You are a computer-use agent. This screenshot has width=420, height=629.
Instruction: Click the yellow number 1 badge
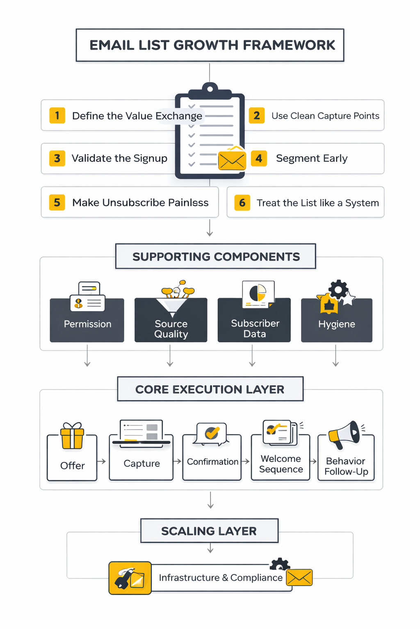[x=57, y=115]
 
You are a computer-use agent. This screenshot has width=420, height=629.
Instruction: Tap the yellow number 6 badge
[x=242, y=203]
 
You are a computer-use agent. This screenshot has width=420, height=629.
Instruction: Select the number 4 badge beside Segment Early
[x=258, y=158]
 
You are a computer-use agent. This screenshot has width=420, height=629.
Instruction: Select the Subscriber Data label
[x=255, y=328]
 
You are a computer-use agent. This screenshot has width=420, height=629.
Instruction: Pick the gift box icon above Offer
[x=72, y=436]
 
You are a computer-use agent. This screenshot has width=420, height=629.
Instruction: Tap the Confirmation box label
[x=212, y=462]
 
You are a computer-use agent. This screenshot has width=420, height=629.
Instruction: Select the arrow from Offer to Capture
[x=101, y=461]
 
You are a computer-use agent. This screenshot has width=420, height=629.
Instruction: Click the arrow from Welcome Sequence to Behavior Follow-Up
[x=313, y=461]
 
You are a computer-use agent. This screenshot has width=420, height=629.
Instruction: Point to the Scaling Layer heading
[x=209, y=531]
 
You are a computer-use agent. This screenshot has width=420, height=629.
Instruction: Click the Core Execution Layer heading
[x=210, y=389]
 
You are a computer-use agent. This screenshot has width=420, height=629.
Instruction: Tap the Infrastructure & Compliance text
[x=221, y=577]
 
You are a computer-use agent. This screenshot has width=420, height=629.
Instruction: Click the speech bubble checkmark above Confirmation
[x=212, y=433]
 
